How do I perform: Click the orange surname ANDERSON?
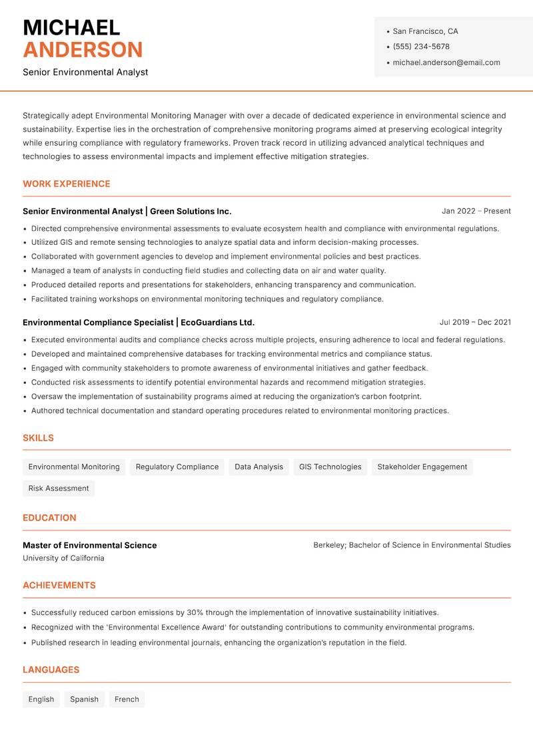coord(83,50)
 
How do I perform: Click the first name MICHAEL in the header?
coord(71,27)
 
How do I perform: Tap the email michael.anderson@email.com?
coord(446,63)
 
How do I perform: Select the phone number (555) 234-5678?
coord(421,47)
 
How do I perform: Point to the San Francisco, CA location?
coord(425,31)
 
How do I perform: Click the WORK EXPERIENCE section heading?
coord(67,184)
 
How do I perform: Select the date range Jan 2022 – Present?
coord(476,211)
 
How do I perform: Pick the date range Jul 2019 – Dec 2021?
coord(475,322)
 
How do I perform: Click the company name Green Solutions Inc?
coord(191,211)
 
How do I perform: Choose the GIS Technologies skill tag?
coord(330,467)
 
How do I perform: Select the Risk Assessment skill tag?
coord(59,488)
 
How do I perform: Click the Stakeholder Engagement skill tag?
coord(422,467)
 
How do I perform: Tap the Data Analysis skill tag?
coord(259,467)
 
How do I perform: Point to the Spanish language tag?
coord(84,699)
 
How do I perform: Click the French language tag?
coord(127,699)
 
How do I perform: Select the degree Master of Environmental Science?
coord(90,545)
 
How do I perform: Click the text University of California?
coord(63,558)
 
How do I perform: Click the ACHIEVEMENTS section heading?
coord(59,586)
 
